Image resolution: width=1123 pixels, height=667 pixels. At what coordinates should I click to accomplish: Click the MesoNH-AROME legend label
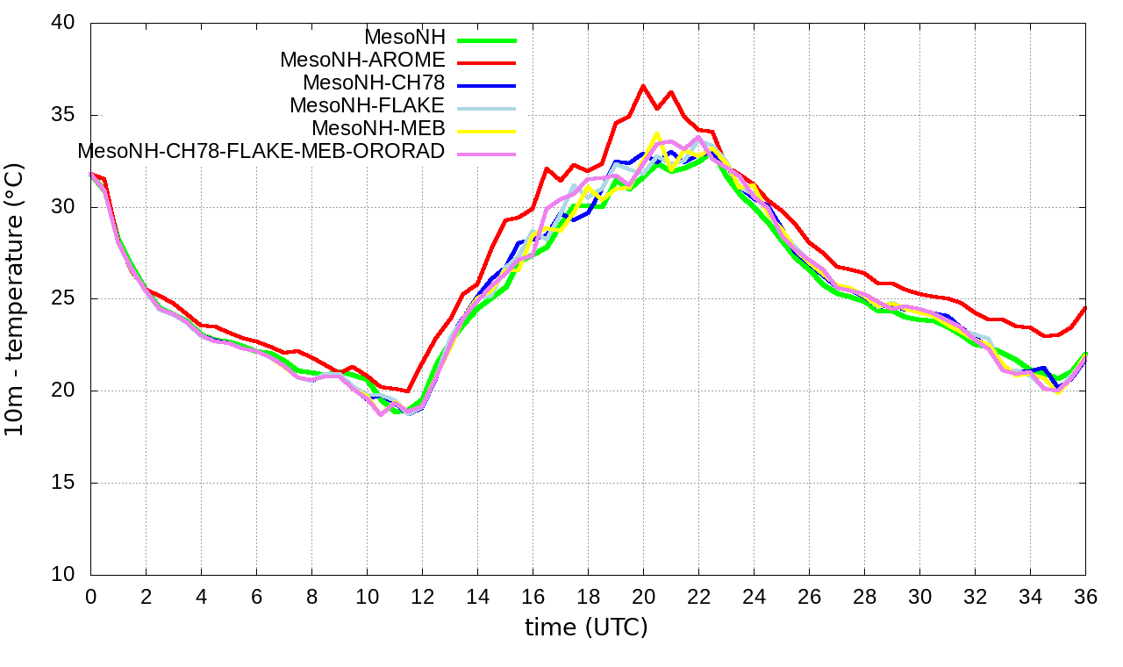tap(362, 60)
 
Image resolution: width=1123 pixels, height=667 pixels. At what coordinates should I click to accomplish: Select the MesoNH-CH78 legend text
tap(374, 82)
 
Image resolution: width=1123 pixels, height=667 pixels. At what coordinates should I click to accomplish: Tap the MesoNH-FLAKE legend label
tap(368, 105)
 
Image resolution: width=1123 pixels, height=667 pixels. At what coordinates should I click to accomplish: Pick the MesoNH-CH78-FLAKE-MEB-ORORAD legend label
tap(261, 151)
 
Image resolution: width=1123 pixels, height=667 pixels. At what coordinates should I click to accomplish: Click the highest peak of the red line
tap(643, 86)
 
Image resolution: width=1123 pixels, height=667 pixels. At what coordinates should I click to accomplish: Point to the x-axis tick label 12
tap(422, 597)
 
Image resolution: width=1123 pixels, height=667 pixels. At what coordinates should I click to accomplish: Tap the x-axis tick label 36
tap(1085, 597)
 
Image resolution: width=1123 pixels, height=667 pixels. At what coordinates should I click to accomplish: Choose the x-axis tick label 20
tap(643, 597)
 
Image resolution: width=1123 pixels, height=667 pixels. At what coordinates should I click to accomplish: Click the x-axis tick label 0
tap(90, 597)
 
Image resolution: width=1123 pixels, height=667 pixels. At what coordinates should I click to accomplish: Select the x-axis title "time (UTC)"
tap(586, 628)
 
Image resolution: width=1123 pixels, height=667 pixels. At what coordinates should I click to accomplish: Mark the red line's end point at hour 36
tap(1085, 307)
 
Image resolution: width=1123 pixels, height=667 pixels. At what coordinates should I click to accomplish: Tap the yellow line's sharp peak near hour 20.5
tap(656, 133)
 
